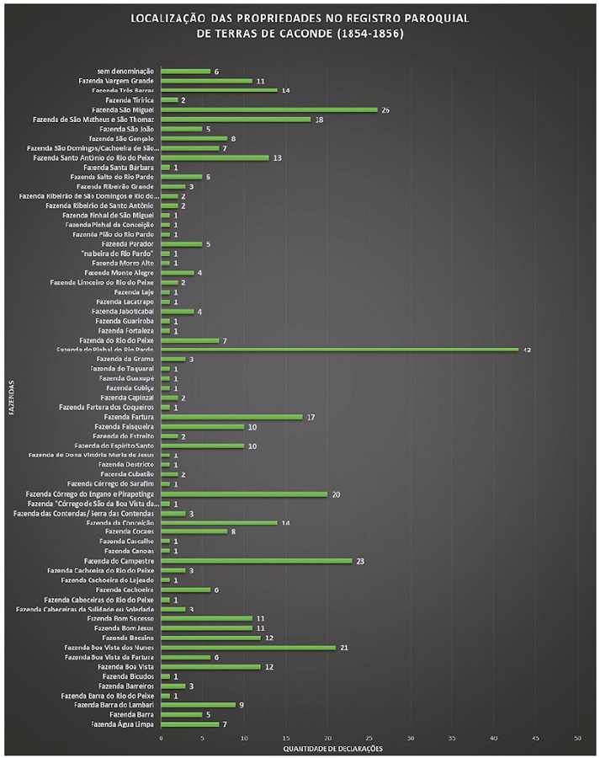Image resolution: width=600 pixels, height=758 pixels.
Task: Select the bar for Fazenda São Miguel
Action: (268, 109)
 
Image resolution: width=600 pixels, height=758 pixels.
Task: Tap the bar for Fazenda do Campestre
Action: (256, 560)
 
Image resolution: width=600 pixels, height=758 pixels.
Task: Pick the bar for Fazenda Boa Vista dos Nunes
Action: (247, 647)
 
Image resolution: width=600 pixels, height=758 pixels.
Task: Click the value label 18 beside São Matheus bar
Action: (319, 120)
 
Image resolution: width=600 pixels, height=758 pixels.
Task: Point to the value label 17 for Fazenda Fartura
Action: (311, 417)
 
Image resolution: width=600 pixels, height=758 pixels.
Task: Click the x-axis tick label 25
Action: (369, 738)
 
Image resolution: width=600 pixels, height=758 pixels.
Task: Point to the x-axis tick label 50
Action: (577, 738)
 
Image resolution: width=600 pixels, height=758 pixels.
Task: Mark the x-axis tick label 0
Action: (161, 738)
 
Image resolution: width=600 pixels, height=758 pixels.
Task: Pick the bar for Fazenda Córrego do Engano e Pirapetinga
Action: (243, 494)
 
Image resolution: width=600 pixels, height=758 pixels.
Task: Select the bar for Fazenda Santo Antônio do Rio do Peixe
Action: (215, 157)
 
